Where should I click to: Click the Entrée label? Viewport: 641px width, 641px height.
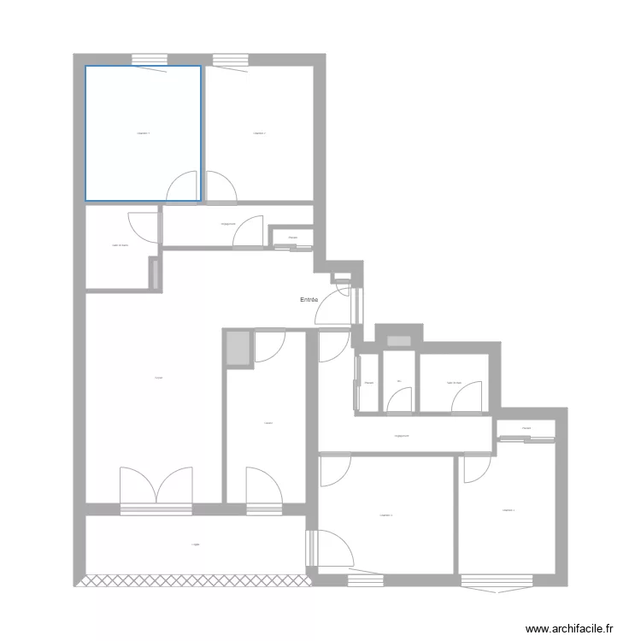pyautogui.click(x=309, y=300)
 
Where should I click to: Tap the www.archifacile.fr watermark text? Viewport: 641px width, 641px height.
pyautogui.click(x=570, y=628)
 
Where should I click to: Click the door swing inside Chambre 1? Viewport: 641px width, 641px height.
pyautogui.click(x=181, y=185)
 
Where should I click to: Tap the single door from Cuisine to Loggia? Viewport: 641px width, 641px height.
pyautogui.click(x=262, y=489)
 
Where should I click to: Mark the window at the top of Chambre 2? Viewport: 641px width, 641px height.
pyautogui.click(x=229, y=60)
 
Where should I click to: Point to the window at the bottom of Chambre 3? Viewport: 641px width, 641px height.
pyautogui.click(x=365, y=580)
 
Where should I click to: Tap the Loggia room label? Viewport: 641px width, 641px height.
pyautogui.click(x=196, y=544)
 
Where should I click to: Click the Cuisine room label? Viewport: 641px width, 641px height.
pyautogui.click(x=268, y=422)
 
